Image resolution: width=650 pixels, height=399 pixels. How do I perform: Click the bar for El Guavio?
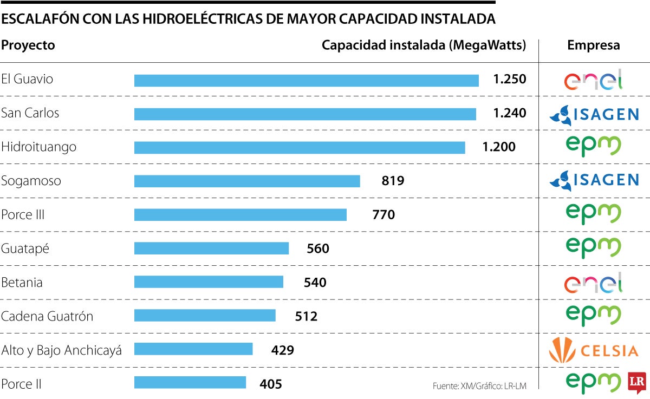306,81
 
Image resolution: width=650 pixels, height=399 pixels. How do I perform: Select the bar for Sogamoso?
247,181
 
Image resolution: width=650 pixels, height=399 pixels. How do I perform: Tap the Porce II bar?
190,383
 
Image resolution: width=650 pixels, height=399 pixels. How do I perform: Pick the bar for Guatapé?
211,248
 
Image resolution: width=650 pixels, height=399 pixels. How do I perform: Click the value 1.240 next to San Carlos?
509,113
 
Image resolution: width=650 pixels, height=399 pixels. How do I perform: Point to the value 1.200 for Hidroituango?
499,147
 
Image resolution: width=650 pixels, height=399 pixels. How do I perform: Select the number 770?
383,215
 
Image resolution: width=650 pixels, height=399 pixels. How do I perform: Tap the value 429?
282,350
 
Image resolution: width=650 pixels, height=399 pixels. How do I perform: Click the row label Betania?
22,283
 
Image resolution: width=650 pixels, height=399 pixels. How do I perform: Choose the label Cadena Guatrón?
47,316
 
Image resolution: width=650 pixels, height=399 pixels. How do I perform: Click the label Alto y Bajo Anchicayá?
61,350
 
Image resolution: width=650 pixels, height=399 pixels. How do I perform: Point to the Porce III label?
23,215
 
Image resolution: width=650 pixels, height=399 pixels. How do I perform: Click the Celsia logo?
593,350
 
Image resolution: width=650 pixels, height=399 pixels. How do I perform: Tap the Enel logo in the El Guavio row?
593,80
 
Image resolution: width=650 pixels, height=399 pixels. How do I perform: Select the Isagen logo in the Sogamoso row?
593,181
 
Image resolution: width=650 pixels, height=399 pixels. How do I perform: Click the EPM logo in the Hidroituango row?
593,146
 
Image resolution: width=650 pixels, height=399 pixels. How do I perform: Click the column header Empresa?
593,45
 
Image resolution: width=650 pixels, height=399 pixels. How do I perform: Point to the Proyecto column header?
28,45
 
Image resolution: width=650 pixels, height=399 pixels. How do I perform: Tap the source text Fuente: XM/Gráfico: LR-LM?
479,386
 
